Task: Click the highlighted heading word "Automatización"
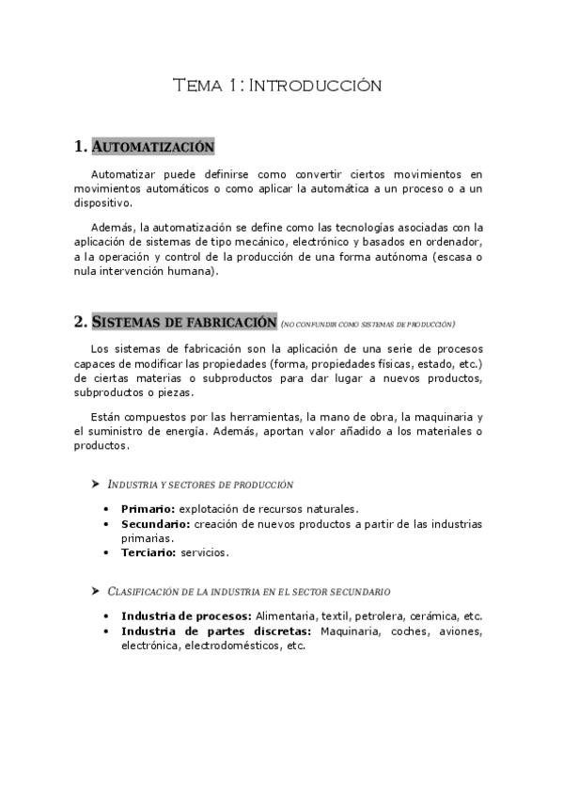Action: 153,147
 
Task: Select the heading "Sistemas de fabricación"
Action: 184,321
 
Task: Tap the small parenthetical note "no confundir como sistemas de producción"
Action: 368,324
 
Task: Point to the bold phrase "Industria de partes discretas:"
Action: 216,630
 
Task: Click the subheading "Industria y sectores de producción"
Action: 201,485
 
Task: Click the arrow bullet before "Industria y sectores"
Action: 95,484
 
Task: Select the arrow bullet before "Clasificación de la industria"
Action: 95,591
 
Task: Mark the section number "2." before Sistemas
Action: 80,321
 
